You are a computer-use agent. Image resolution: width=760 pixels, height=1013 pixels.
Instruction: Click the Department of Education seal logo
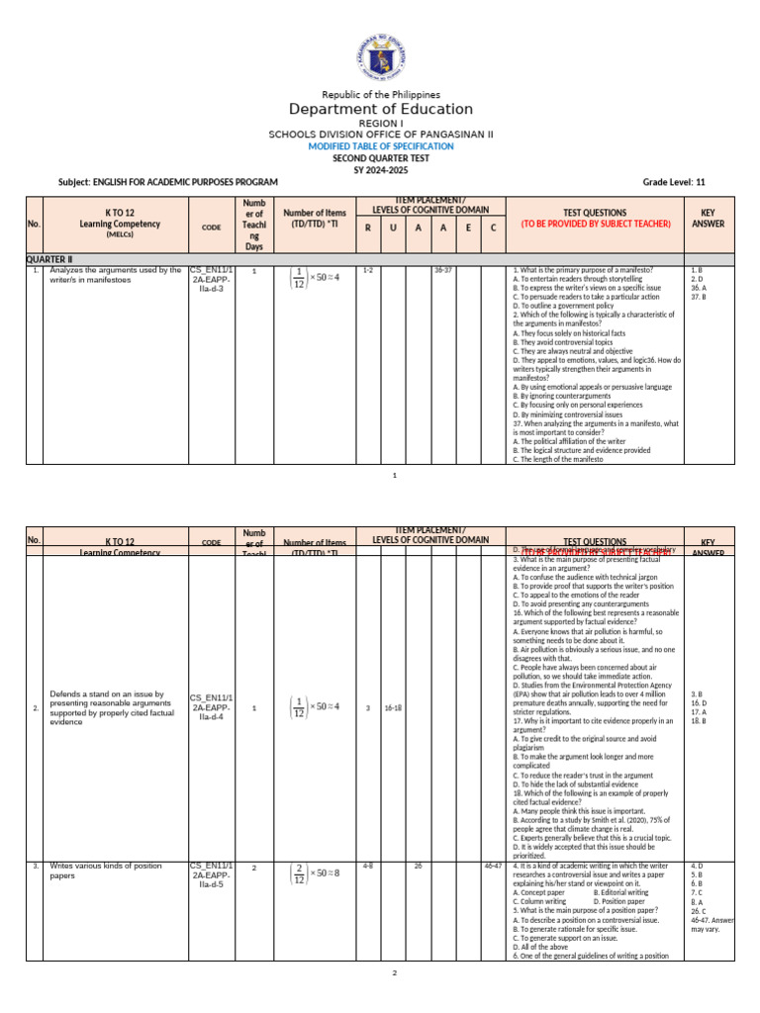380,58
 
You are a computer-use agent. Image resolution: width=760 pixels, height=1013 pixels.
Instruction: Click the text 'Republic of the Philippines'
380,94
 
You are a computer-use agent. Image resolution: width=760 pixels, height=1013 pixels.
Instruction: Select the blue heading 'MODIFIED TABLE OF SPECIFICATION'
380,145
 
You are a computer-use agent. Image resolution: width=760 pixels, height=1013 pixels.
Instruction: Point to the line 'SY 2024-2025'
380,169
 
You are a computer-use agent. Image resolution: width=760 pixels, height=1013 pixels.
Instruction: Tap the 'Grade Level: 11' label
674,182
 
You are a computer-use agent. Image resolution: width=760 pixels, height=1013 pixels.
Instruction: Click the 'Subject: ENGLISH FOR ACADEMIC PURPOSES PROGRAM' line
168,182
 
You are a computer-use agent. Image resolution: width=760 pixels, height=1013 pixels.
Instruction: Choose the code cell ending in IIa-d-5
211,875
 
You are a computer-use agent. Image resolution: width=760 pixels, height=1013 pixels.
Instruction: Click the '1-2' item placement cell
368,269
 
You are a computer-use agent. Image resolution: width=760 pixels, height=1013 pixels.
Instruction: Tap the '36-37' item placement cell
442,269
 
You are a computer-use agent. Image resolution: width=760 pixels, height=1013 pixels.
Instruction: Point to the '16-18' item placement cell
392,708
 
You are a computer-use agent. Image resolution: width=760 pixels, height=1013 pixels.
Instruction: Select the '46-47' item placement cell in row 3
492,866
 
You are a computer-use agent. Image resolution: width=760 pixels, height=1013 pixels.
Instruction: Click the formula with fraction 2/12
314,874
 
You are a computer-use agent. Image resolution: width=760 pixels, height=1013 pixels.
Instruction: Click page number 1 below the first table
394,476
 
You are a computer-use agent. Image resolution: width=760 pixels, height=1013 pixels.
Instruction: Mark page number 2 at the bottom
394,973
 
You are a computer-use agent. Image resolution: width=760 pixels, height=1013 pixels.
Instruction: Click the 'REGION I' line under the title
380,123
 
